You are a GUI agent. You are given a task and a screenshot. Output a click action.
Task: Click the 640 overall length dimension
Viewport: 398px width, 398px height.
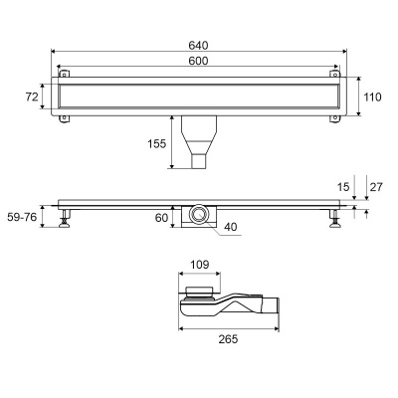(198, 45)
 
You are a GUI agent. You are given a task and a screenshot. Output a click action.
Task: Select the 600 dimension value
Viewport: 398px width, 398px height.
(198, 61)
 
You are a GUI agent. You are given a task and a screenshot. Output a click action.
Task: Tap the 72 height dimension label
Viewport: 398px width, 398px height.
(32, 97)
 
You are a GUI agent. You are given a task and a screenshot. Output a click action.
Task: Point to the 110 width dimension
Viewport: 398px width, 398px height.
(372, 98)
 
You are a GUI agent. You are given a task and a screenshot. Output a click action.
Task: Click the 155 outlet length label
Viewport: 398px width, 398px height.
(156, 143)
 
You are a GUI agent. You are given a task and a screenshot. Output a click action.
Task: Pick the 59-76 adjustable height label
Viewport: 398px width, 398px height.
(22, 217)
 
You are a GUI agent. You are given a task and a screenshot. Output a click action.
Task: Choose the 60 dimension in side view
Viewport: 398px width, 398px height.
(161, 218)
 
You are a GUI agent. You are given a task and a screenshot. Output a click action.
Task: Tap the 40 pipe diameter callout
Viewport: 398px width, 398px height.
(231, 227)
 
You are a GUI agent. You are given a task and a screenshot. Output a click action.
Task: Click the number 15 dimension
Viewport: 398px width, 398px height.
(343, 187)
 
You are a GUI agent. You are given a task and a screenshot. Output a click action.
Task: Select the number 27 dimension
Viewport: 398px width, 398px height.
(376, 187)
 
